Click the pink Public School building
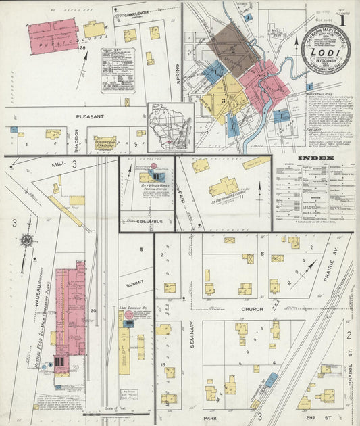(x=54, y=36)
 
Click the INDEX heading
(x=315, y=158)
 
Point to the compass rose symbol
(x=25, y=239)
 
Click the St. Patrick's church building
(x=224, y=187)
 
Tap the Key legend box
(x=117, y=70)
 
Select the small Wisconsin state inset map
(x=171, y=126)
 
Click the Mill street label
(x=57, y=164)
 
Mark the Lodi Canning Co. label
(x=132, y=308)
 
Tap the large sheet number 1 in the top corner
(x=344, y=20)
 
